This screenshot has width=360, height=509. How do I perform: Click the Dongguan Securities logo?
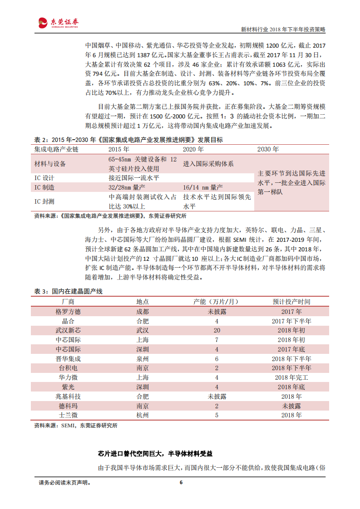click(59, 22)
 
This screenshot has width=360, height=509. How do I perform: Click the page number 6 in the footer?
click(181, 482)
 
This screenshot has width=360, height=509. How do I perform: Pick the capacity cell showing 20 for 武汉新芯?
click(217, 331)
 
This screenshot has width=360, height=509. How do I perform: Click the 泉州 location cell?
click(142, 358)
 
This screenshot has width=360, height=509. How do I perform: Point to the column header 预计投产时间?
click(291, 302)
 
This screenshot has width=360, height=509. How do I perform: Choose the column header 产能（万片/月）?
click(217, 302)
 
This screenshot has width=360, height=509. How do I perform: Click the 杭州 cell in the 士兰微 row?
click(142, 415)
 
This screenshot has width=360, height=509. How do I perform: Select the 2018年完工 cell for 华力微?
click(291, 377)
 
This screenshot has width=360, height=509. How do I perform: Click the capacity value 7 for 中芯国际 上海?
click(217, 340)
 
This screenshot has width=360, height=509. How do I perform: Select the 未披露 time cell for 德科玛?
click(291, 406)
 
